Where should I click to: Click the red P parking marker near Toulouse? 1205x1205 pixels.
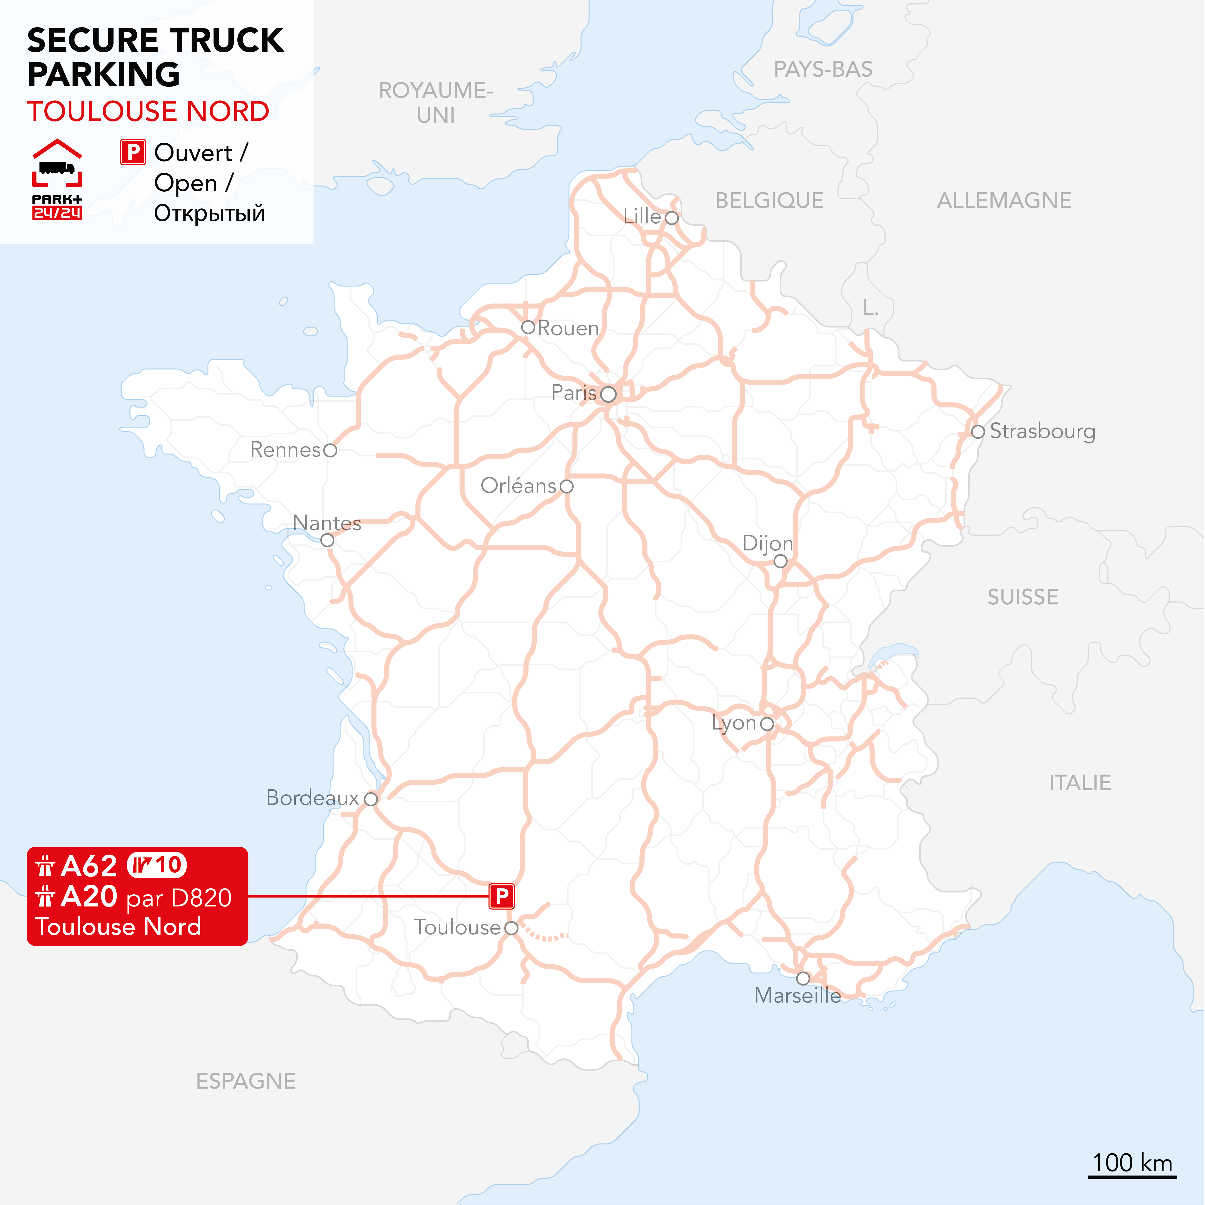(x=502, y=896)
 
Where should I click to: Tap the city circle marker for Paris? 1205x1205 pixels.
(x=608, y=394)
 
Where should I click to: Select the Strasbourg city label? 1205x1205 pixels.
(x=1042, y=431)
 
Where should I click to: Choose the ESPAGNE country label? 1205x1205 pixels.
(x=246, y=1081)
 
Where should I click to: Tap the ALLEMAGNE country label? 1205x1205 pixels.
(x=1004, y=200)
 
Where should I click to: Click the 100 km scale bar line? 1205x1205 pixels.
(x=1132, y=1177)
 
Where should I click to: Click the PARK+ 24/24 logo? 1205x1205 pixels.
(x=57, y=180)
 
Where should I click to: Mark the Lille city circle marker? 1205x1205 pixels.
(x=671, y=218)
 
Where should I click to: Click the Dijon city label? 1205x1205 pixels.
(x=767, y=543)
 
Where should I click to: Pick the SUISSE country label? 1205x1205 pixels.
(x=1023, y=597)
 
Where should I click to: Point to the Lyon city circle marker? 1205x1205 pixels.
(x=767, y=723)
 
